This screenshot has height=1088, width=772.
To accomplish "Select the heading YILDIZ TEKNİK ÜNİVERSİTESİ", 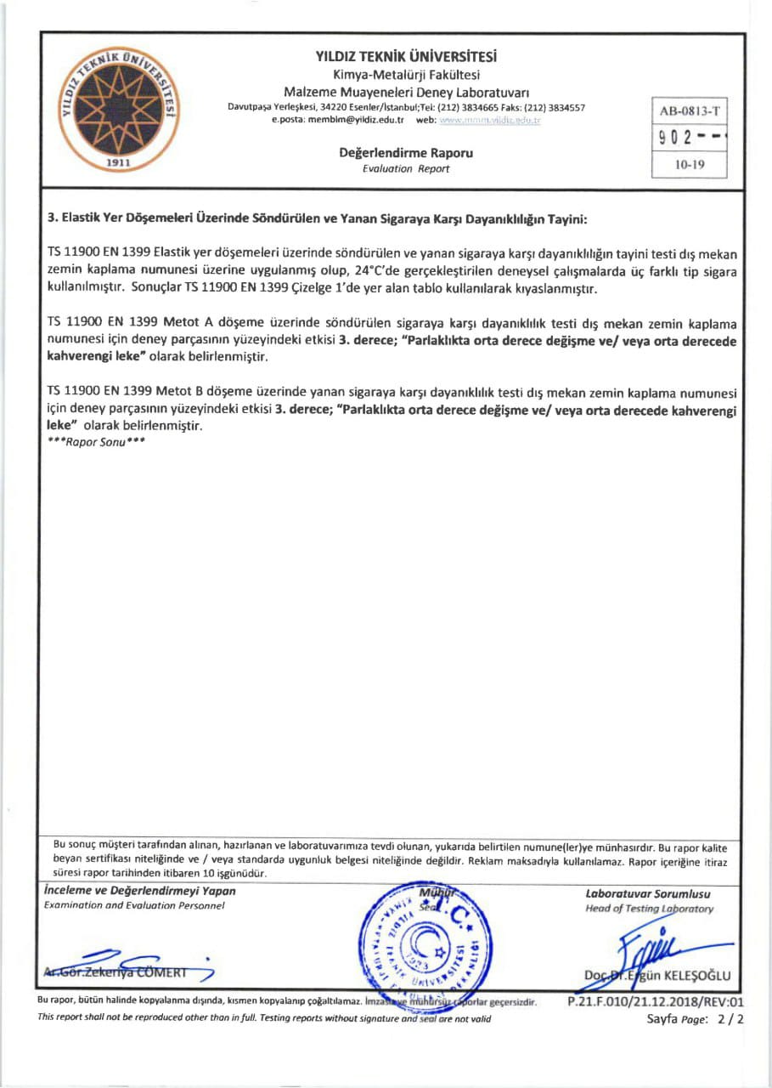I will pos(406,58).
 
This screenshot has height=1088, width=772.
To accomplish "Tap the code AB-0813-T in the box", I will pos(689,111).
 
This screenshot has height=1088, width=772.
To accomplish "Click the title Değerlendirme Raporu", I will pos(406,154).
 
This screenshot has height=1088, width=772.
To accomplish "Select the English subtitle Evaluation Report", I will pos(406,168).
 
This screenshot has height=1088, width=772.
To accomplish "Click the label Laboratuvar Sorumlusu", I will pos(648,893).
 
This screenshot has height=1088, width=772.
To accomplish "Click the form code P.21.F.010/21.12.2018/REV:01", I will pos(655,1002).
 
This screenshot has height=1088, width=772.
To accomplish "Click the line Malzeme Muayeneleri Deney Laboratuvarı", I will pos(406,92).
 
